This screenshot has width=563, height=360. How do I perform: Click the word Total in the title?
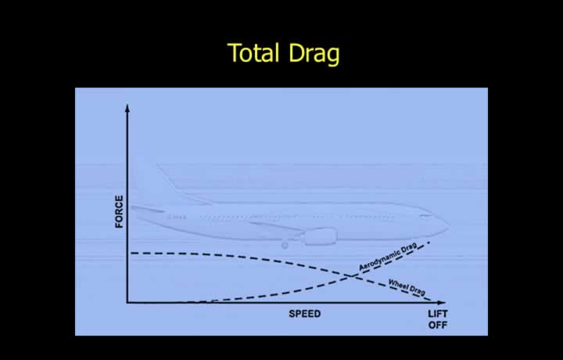(x=253, y=52)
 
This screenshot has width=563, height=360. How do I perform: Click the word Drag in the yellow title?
(x=314, y=54)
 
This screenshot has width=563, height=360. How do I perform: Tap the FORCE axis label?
(x=119, y=211)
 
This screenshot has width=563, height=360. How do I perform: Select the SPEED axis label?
(x=305, y=314)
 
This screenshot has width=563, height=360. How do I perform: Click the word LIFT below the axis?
(x=438, y=314)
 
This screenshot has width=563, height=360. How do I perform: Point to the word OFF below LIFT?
(x=438, y=325)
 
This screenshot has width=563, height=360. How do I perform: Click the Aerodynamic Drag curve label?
(x=388, y=257)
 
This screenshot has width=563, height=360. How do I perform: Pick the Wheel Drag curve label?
(x=407, y=287)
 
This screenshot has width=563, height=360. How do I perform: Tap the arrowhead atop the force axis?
(x=127, y=108)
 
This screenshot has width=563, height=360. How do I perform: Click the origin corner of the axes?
(x=127, y=303)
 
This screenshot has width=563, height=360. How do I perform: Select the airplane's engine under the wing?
(x=321, y=236)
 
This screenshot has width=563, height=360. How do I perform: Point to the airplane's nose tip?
(x=449, y=225)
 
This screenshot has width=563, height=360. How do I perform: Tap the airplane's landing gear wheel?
(x=285, y=246)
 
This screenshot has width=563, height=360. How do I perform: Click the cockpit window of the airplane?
(x=426, y=216)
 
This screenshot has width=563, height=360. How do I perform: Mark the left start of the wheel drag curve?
(x=131, y=254)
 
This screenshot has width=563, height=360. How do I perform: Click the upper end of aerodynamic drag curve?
(x=429, y=243)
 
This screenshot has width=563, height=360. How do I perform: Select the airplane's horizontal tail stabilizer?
(x=148, y=209)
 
